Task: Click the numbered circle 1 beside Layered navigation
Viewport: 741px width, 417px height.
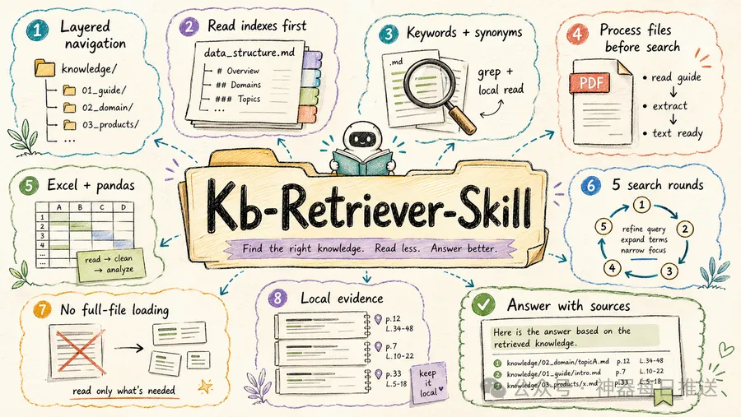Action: [x=38, y=30]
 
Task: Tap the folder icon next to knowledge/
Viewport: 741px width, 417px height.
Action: [x=45, y=68]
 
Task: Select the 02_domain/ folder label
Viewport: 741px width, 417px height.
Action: [x=107, y=108]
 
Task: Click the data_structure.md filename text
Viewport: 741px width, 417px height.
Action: [x=249, y=52]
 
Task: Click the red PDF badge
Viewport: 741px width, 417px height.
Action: [x=590, y=83]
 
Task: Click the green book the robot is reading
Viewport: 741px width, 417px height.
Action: [x=362, y=162]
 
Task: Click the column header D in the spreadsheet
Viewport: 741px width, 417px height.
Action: [x=123, y=207]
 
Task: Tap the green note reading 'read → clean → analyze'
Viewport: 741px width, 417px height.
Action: [x=110, y=265]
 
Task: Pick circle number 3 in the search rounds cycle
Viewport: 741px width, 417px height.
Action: [x=669, y=271]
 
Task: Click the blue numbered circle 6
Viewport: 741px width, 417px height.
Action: [x=591, y=186]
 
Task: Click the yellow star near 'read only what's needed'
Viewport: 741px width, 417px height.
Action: [x=206, y=387]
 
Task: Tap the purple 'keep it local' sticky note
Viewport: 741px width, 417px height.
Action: [x=428, y=382]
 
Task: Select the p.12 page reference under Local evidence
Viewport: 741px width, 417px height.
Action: [x=393, y=319]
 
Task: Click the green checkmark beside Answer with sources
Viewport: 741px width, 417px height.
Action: [x=483, y=304]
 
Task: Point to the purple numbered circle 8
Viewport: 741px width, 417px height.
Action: [x=278, y=299]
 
